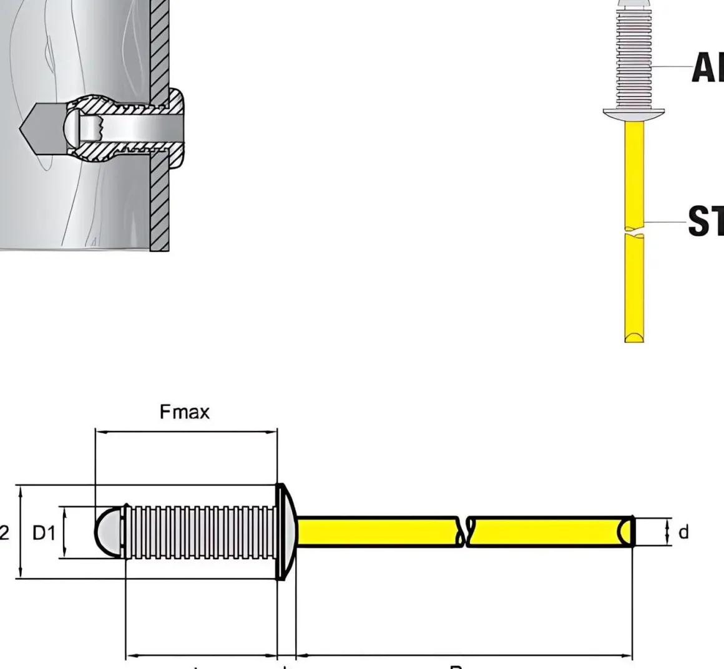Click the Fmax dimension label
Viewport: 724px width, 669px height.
[x=185, y=412]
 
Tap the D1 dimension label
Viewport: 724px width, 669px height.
[x=44, y=533]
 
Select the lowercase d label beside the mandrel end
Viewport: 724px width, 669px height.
[x=683, y=532]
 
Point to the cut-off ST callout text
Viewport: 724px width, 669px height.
[x=706, y=221]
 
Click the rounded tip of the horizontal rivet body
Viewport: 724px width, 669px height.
[x=106, y=532]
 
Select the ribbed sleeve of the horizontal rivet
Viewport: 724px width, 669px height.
[x=200, y=532]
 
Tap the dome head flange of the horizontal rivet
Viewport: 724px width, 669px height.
[x=285, y=532]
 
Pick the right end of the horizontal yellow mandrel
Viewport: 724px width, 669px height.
[x=627, y=532]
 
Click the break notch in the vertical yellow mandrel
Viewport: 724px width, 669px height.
[x=634, y=233]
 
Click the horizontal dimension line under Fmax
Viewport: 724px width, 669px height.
[x=185, y=431]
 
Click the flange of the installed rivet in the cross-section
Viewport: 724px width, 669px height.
[x=177, y=128]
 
